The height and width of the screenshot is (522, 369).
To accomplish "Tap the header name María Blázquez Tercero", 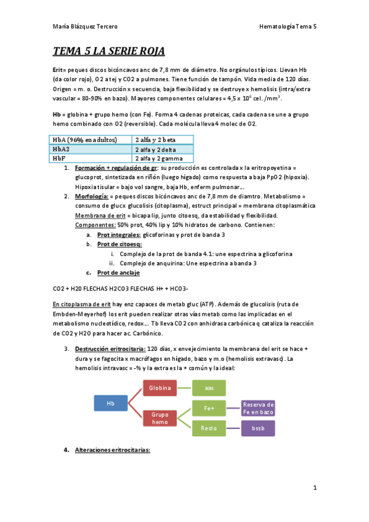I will [x=86, y=26].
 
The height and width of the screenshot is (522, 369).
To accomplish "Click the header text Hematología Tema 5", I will [x=288, y=26].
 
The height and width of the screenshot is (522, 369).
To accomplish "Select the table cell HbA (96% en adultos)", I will [x=91, y=140].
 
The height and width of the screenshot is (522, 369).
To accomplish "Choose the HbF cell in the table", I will [x=91, y=158].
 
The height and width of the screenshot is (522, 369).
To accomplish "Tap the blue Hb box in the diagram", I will [x=111, y=403].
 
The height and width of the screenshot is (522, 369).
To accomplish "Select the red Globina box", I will [x=160, y=387].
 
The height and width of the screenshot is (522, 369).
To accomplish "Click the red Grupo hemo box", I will [x=160, y=418].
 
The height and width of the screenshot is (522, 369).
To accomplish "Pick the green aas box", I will [x=209, y=387].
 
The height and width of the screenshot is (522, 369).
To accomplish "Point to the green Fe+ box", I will [x=209, y=408].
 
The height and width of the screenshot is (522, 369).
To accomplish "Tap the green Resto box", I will [x=209, y=428].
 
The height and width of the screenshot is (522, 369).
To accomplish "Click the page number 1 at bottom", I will [x=315, y=488].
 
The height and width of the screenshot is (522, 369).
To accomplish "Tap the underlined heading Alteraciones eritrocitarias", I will [x=112, y=450].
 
